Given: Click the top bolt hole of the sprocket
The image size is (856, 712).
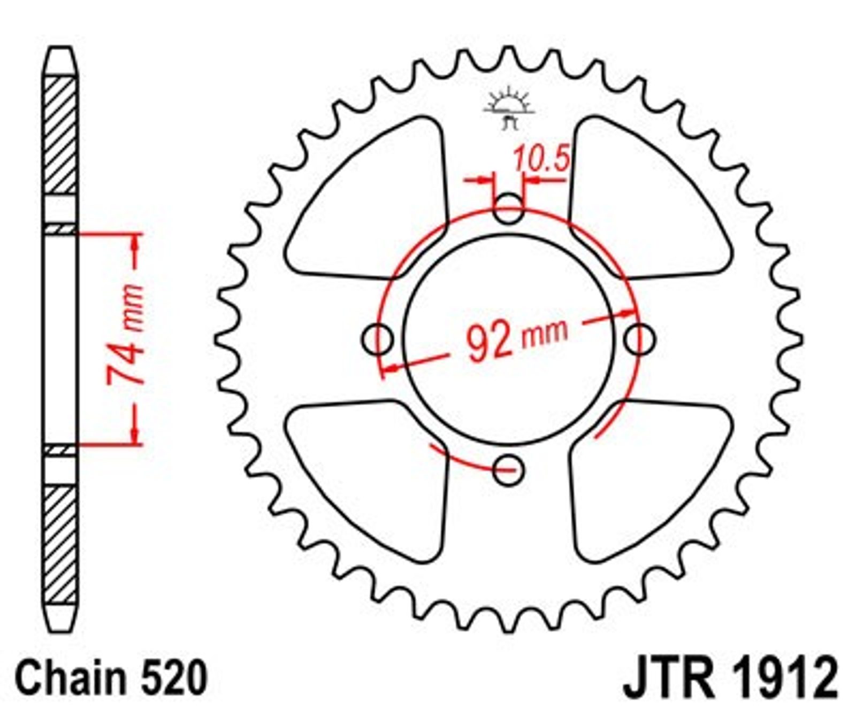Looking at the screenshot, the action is [508, 208].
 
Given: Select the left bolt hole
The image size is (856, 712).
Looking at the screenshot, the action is [377, 339].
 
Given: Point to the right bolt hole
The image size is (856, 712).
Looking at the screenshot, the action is [639, 339].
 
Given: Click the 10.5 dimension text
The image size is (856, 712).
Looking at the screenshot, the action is [540, 159].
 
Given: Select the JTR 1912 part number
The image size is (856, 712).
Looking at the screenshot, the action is [730, 678].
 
